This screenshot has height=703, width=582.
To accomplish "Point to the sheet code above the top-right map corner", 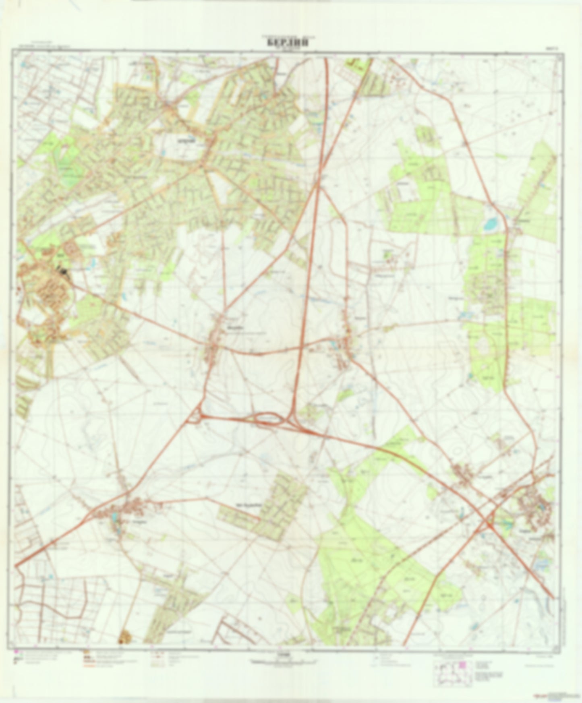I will [551, 47].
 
